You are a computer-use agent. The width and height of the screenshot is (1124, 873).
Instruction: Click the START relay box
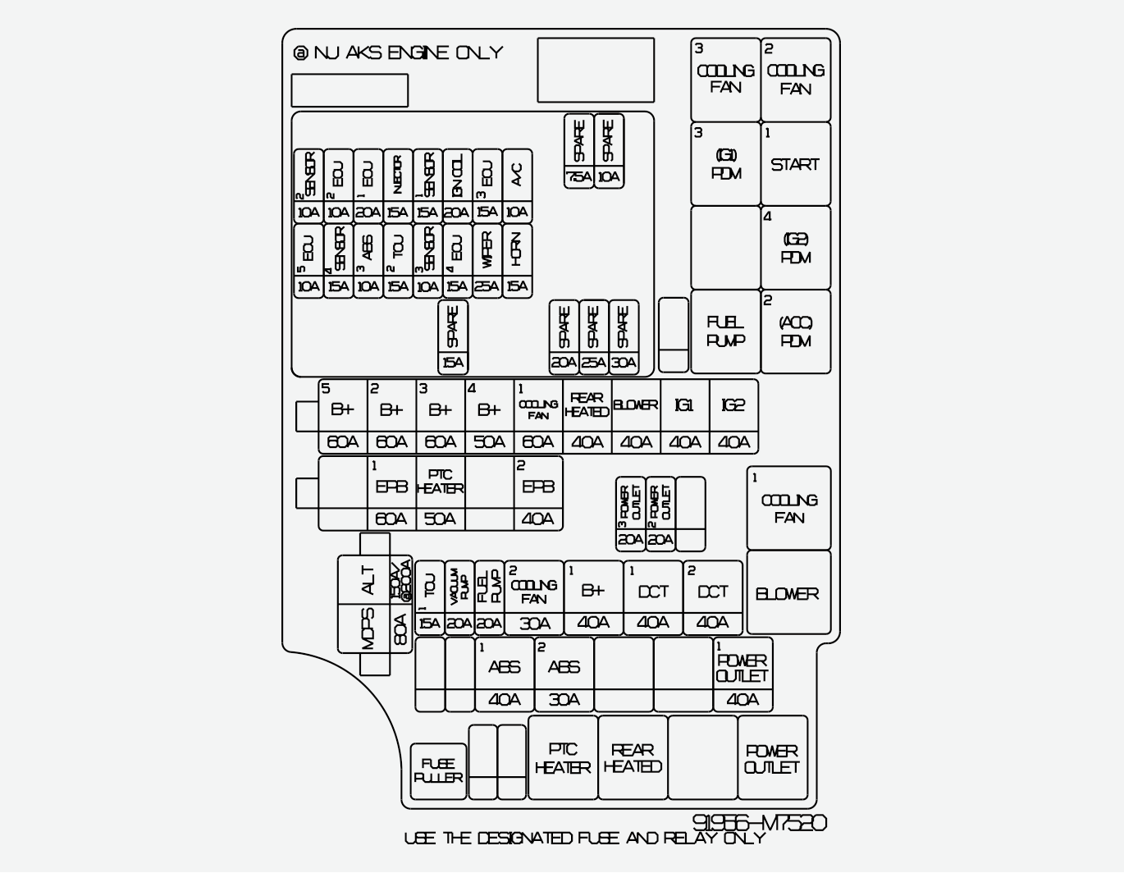pos(795,164)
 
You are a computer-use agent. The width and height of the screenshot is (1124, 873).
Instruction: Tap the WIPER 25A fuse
pos(487,260)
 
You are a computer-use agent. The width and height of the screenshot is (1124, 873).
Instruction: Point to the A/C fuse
pos(516,185)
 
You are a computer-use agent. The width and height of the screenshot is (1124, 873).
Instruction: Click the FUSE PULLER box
pos(438,770)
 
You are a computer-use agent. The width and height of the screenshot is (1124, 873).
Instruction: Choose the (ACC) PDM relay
pos(795,331)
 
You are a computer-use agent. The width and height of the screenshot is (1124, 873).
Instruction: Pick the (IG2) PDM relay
pos(795,248)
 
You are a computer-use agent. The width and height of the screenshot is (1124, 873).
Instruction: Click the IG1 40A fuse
pos(684,416)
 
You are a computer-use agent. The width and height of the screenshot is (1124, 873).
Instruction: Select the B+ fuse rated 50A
pos(489,416)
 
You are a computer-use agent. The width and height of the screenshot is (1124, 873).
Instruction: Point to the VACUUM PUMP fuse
pos(459,597)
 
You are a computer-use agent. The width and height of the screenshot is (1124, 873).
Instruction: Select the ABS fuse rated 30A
pos(564,675)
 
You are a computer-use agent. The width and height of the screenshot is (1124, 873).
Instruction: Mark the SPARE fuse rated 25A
pos(593,336)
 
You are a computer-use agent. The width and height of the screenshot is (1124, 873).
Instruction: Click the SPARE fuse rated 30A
pos(624,336)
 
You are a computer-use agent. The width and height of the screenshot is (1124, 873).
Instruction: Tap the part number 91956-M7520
pos(759,822)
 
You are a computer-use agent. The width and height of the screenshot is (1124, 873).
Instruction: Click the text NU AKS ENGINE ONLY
pos(398,53)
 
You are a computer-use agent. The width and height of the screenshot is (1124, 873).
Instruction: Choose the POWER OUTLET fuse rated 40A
pos(742,675)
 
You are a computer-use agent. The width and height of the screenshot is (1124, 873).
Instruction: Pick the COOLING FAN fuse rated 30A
pos(534,597)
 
